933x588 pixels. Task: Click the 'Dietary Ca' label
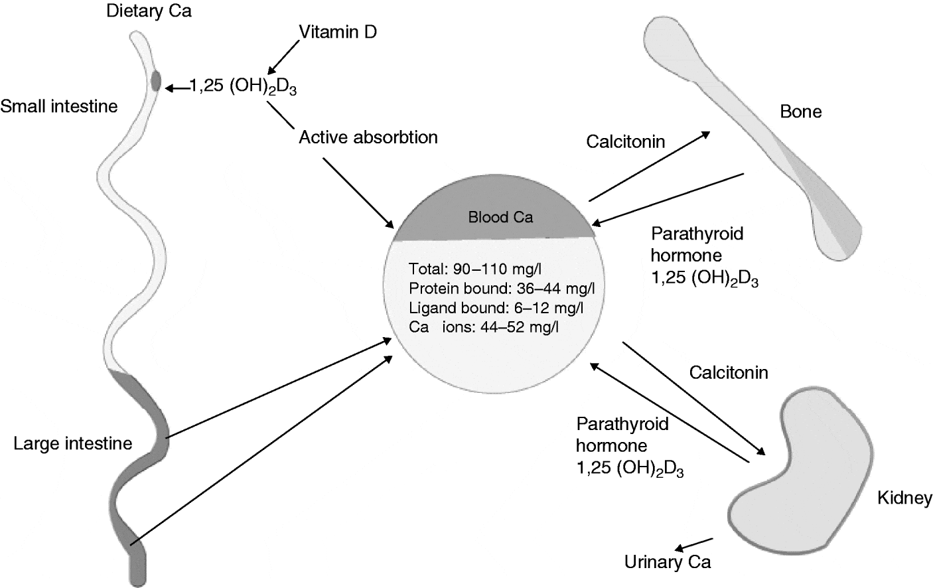tap(149, 11)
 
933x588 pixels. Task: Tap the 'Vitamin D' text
tap(338, 32)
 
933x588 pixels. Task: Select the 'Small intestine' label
tap(59, 106)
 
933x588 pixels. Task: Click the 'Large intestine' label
tap(73, 443)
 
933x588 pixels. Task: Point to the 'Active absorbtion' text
tap(368, 137)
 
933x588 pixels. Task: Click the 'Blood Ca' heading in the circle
tap(500, 217)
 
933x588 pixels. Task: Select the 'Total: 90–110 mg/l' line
tap(475, 269)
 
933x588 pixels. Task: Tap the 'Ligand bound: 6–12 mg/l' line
tap(496, 307)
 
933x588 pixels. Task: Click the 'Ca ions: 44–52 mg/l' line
tap(483, 327)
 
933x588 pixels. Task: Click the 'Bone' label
tap(801, 111)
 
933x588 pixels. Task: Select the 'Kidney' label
tap(904, 498)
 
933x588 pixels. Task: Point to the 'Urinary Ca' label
tap(668, 562)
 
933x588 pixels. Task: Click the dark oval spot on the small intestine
tap(156, 81)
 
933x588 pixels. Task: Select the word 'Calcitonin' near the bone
tap(625, 141)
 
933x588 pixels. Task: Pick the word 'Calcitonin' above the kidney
tap(729, 372)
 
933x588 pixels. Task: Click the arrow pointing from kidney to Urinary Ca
tap(693, 544)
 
